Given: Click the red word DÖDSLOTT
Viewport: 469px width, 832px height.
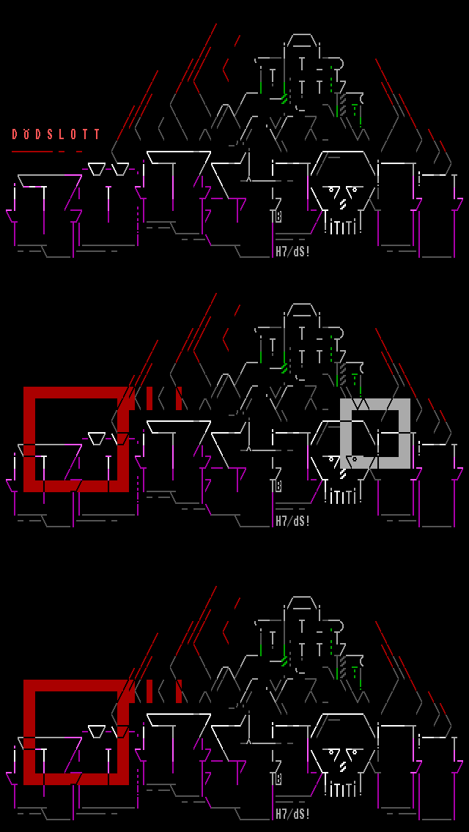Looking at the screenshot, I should point(56,134).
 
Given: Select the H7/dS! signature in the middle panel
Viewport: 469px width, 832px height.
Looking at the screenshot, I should point(292,521).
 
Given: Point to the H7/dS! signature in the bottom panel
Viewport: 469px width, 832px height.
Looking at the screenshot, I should point(292,814).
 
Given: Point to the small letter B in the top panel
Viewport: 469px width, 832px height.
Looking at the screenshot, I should point(278,216).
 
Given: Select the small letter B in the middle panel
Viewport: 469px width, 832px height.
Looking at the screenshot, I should point(278,486).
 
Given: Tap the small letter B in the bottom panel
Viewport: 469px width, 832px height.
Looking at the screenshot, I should point(278,779).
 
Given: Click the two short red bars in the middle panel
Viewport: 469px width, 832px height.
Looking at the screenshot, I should point(163,398).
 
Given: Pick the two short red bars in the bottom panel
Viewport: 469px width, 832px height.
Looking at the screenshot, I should point(163,691).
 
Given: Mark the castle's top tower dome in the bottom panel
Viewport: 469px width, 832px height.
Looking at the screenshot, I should point(303,606).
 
